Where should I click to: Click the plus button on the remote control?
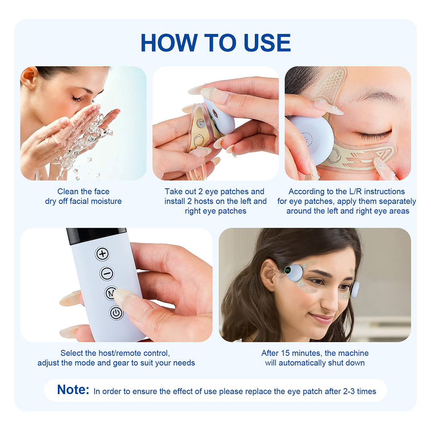[x=102, y=253]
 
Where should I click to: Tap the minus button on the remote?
[x=106, y=274]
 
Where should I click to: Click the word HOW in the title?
[x=169, y=43]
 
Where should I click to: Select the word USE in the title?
[x=267, y=43]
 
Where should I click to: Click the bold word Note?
[x=73, y=390]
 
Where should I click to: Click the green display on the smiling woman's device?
[x=287, y=270]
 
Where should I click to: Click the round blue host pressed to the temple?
[x=311, y=137]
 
